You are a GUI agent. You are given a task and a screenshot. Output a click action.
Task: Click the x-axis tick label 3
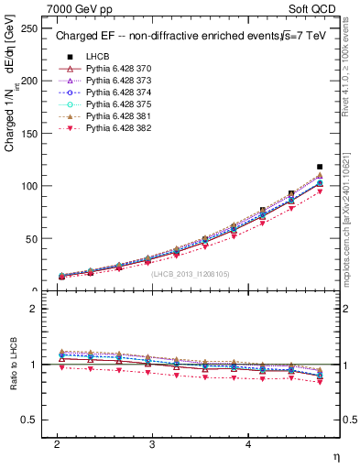click(x=152, y=442)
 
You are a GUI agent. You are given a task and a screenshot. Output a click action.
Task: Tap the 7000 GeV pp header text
click(x=81, y=9)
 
